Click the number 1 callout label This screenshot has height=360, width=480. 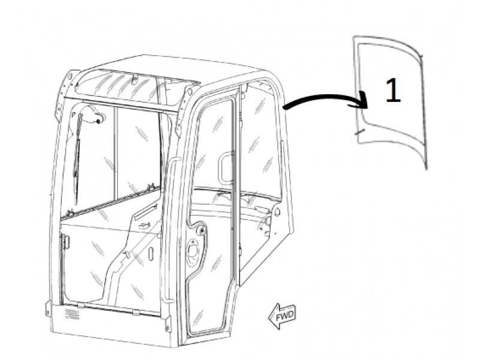point(393,90)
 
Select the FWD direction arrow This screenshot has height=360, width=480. point(282,316)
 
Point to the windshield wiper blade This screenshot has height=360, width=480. point(77,159)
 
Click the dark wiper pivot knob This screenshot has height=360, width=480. point(98,122)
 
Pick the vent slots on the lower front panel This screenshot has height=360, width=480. point(72,314)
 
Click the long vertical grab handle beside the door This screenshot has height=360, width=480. point(169,230)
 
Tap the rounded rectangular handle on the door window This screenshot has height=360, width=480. point(226,169)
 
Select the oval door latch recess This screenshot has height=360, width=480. point(193,251)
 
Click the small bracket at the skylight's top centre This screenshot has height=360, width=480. point(134,79)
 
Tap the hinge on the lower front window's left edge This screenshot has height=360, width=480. point(65,242)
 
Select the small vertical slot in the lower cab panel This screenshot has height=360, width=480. point(151,254)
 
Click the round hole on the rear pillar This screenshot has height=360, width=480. point(277,212)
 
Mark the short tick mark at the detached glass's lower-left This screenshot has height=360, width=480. point(359,132)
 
